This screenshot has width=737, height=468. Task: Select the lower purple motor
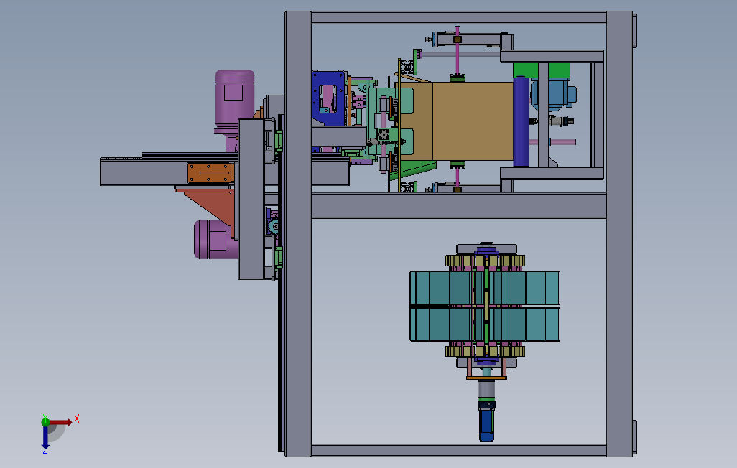click(x=215, y=239)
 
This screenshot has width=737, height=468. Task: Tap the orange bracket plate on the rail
click(x=210, y=172)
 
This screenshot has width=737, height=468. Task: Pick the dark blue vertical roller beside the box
click(x=521, y=121)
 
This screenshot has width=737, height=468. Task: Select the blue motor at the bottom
click(x=486, y=421)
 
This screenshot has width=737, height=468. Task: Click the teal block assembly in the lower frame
click(x=485, y=306)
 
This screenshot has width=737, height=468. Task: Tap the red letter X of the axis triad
click(x=77, y=418)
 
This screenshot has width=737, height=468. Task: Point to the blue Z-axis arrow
click(x=45, y=436)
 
